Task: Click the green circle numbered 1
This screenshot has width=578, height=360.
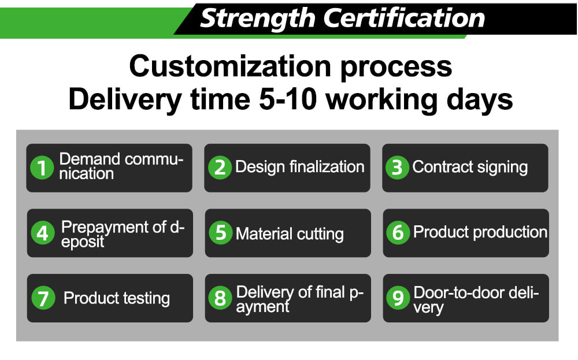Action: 42,168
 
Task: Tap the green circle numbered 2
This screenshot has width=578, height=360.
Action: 220,168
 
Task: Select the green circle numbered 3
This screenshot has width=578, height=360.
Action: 398,168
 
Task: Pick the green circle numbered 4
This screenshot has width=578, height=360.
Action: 43,233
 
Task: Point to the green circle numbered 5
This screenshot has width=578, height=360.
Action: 220,232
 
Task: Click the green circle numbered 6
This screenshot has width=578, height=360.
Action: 398,232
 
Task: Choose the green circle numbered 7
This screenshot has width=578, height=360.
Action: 43,298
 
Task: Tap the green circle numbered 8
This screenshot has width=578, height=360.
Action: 220,298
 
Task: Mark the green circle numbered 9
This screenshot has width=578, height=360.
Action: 398,298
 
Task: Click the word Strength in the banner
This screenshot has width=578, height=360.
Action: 257,19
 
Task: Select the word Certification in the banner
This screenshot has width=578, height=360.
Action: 404,18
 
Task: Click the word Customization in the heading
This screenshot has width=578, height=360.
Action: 230,66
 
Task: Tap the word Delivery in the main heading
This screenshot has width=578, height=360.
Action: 125,100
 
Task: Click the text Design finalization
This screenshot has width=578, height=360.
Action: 299,167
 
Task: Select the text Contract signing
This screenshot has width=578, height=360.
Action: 470,168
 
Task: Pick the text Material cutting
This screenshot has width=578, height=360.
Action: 290,234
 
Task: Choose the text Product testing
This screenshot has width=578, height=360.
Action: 117,299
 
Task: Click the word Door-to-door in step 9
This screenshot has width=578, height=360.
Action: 463,292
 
